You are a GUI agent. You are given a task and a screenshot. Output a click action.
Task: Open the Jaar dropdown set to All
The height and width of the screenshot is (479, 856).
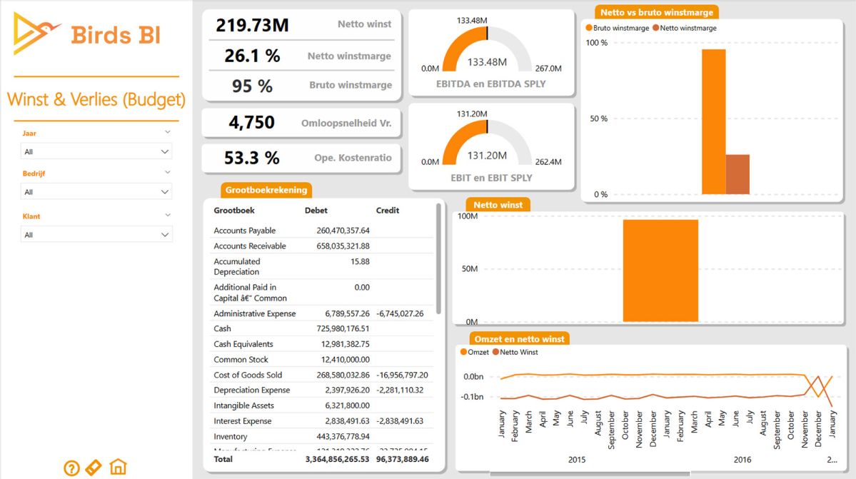tap(96, 151)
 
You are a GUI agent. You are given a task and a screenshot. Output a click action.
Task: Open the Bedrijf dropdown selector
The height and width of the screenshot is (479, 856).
tap(96, 192)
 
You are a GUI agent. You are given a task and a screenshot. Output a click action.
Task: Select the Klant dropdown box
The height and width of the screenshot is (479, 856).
tap(96, 235)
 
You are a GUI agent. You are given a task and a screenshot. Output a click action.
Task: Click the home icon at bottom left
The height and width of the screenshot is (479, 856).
tap(119, 468)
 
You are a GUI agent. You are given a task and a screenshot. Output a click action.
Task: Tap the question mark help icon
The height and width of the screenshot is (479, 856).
tap(71, 468)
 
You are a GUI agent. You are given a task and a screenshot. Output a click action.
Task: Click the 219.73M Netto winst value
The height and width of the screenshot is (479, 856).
tap(252, 25)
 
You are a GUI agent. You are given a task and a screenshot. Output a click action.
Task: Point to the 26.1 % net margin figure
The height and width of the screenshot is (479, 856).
tap(252, 56)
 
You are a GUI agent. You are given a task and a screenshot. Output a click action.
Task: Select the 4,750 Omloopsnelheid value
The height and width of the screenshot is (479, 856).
tap(251, 122)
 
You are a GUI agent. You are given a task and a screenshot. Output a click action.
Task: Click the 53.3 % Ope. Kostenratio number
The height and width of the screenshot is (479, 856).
tap(251, 157)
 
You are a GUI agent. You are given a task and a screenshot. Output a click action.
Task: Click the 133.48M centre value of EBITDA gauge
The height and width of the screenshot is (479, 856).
tap(487, 62)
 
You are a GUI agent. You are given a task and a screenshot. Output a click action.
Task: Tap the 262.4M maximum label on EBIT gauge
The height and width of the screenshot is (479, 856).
tap(548, 162)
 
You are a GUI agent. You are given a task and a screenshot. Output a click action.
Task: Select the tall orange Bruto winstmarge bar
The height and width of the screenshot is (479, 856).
tap(713, 121)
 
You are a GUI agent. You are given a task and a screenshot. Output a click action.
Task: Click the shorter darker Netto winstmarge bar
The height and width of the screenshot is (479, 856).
tap(737, 174)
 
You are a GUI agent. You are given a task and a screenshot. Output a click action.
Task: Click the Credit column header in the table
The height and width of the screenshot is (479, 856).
tap(388, 211)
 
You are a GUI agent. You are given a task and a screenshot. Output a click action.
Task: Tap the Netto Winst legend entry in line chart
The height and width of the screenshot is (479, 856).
tap(518, 352)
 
